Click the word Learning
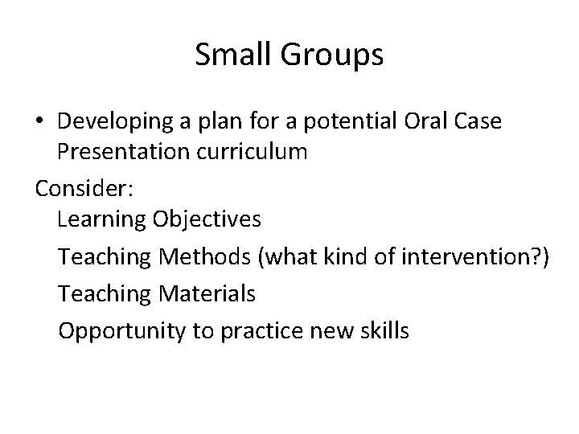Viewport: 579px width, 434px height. (x=101, y=219)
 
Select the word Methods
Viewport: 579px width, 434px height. (x=205, y=256)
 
